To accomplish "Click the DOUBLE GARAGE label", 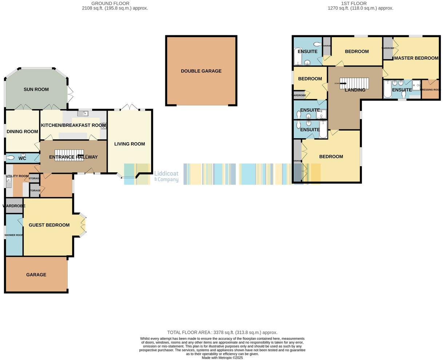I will click(201, 71).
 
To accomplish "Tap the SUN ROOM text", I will click(36, 89).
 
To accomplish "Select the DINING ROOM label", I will click(22, 132).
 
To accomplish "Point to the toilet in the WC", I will click(11, 158).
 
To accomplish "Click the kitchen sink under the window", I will click(84, 114).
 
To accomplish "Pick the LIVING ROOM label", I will click(129, 144).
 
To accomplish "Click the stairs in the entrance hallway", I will click(69, 154).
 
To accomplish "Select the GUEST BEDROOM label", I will click(49, 225).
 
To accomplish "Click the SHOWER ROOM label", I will click(14, 235).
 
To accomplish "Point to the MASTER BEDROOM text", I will click(416, 58).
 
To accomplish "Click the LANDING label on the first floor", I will click(355, 90).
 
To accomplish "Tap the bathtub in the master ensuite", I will click(387, 89).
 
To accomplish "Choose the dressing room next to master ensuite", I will click(430, 90).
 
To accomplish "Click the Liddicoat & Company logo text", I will click(166, 176).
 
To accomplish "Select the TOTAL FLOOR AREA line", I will click(222, 332).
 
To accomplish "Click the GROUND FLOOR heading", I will click(115, 3).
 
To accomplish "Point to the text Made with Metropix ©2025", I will click(222, 357).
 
